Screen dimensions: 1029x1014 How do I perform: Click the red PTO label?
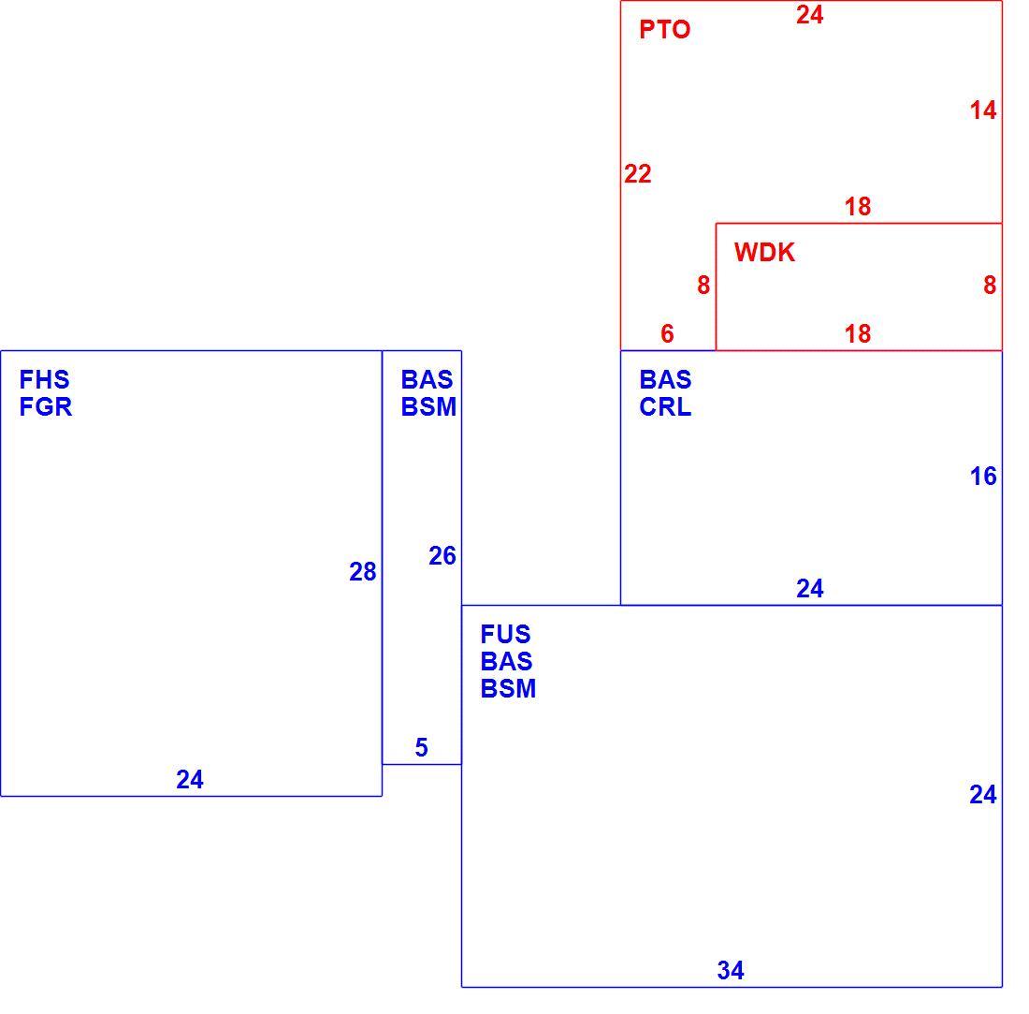(x=664, y=30)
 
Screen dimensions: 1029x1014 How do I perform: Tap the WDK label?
(x=764, y=253)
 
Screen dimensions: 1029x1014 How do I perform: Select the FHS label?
(x=44, y=379)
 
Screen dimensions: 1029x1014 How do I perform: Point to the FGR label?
(x=45, y=407)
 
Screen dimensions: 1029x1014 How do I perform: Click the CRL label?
(x=665, y=407)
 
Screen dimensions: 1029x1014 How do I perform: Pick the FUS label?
(x=505, y=635)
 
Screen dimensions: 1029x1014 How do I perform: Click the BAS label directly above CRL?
(x=665, y=379)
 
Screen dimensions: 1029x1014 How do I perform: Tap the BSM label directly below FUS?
(x=508, y=689)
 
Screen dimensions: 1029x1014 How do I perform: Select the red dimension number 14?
(x=983, y=110)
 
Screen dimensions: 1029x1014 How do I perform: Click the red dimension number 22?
(x=637, y=174)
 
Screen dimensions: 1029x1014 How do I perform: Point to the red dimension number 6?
(x=667, y=333)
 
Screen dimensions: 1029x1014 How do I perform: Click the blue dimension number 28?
(x=362, y=572)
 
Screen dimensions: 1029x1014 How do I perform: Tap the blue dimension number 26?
(x=442, y=556)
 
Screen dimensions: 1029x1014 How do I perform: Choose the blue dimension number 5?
(x=421, y=747)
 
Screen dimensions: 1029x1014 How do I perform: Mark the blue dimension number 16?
(x=983, y=477)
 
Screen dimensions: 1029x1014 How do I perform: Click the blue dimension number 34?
(x=731, y=971)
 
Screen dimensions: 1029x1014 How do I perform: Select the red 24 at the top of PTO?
(x=809, y=15)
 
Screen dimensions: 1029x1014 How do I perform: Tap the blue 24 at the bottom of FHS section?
(x=190, y=780)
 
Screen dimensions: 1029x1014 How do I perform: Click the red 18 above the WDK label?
(x=857, y=207)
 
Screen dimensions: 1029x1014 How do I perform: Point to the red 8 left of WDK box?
(x=703, y=286)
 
